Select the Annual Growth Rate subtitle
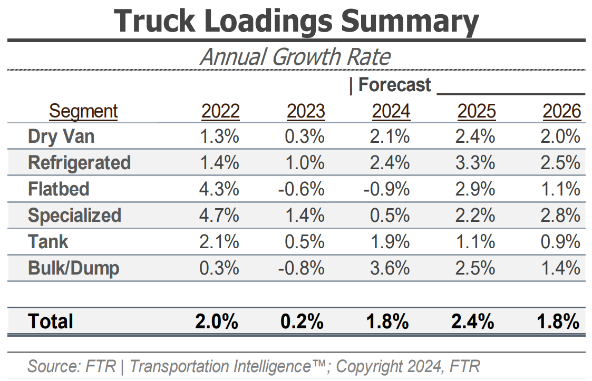pyautogui.click(x=295, y=57)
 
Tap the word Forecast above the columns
pyautogui.click(x=394, y=85)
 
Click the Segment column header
pyautogui.click(x=83, y=111)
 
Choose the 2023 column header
pyautogui.click(x=306, y=111)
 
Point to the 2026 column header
pyautogui.click(x=562, y=111)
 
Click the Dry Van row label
pyautogui.click(x=61, y=136)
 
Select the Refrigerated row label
pyautogui.click(x=79, y=163)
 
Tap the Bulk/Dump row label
pyautogui.click(x=73, y=268)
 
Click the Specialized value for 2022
pyautogui.click(x=220, y=216)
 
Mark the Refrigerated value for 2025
pyautogui.click(x=476, y=163)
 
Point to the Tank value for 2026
pyautogui.click(x=561, y=242)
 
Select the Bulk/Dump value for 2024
pyautogui.click(x=391, y=268)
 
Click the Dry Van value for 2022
pyautogui.click(x=220, y=136)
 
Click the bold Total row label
pyautogui.click(x=51, y=321)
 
